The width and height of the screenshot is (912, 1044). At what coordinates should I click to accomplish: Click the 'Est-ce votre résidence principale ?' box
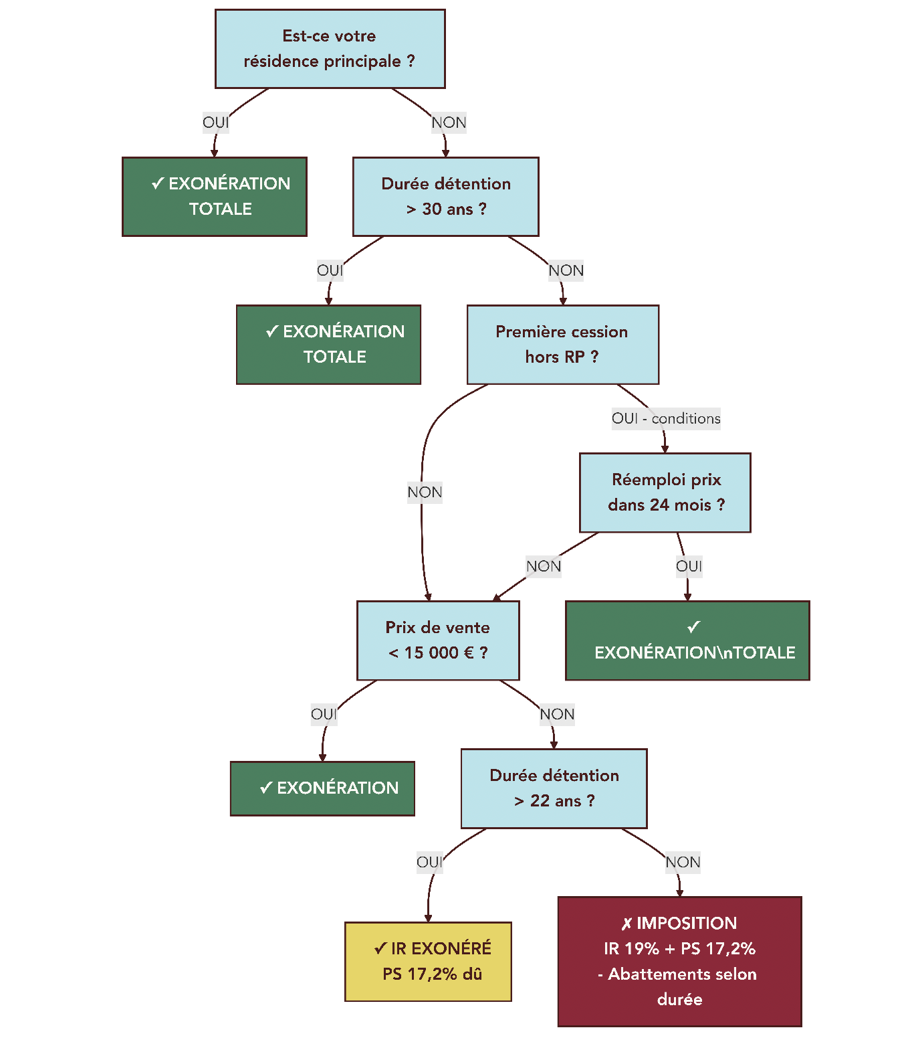pos(330,49)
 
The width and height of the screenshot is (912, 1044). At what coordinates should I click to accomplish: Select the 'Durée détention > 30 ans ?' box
pos(445,197)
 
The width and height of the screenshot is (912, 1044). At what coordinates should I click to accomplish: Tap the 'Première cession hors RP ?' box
pos(562,345)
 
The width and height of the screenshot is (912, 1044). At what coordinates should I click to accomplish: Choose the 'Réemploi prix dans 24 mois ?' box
pos(665,493)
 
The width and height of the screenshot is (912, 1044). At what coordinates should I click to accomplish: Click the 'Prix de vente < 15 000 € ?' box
pos(438,640)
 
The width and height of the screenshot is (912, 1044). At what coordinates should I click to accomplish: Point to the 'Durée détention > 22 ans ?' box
pos(554,788)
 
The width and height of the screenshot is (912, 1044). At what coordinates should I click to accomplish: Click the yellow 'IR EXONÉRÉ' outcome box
pos(428,962)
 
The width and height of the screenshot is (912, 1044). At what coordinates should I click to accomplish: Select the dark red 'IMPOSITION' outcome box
pos(679,961)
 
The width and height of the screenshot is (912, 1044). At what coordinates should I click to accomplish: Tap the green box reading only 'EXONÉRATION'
pos(322,788)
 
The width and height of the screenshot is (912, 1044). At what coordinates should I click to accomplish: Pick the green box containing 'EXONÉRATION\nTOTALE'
pos(687,640)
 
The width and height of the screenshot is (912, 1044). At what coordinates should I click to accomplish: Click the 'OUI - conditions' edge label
pos(666,418)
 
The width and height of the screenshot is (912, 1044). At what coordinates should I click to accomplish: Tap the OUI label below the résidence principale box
pos(215,122)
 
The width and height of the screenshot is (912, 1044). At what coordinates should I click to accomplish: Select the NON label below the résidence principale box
pos(449,122)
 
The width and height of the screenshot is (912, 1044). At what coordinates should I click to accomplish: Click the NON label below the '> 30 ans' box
pos(566,270)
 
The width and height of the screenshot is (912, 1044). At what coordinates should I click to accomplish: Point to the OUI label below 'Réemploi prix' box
pos(689,566)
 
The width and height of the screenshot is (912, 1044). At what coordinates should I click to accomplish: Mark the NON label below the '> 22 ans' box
pos(683,862)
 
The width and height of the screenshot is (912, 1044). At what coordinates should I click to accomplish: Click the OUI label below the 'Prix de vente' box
pos(324,714)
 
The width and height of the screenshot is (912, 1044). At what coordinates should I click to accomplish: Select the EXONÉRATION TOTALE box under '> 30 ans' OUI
pos(328,345)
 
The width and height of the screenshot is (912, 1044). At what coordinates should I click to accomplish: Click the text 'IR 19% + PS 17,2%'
pos(679,948)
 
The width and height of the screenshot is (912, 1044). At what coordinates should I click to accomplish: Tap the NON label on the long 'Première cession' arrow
pos(425,493)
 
